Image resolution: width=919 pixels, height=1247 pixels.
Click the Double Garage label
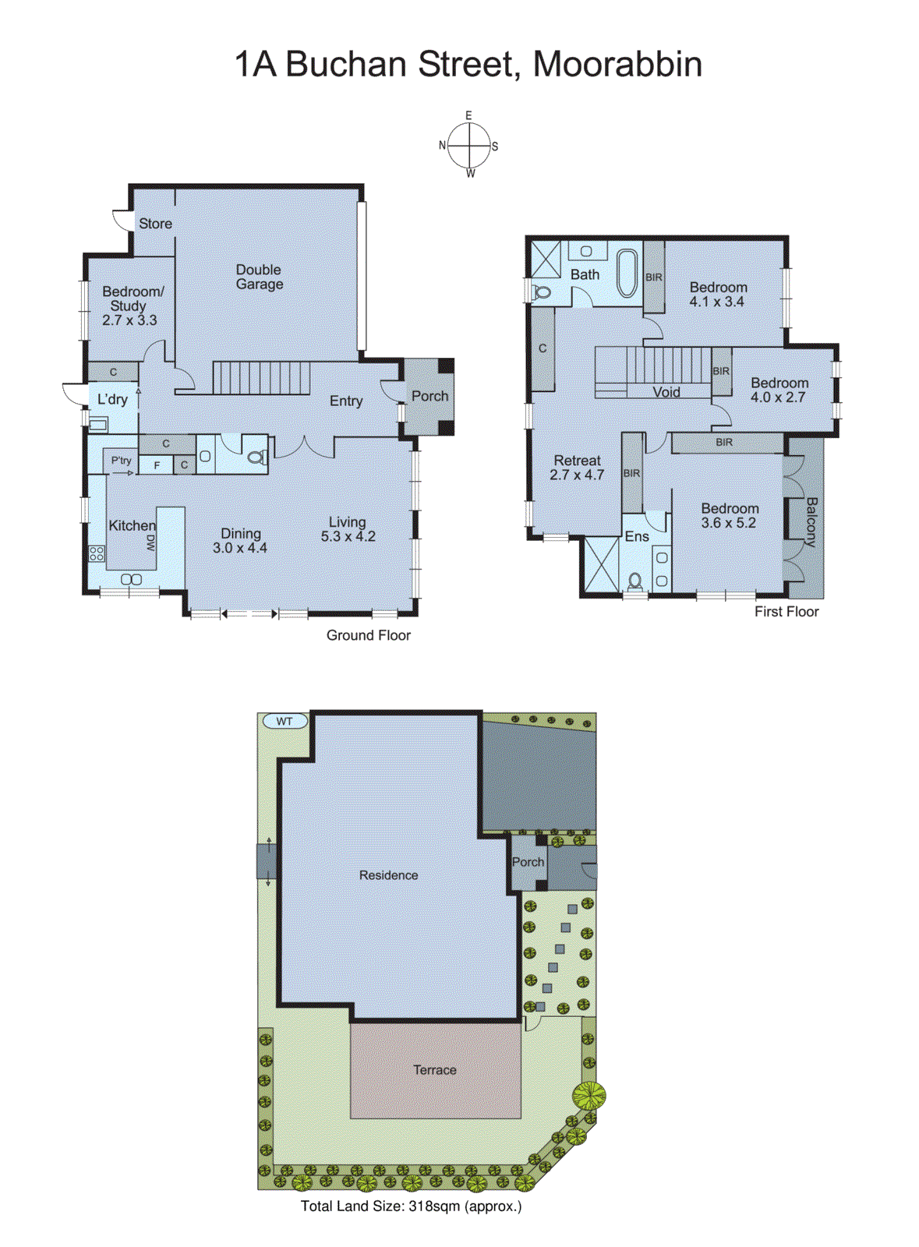tap(259, 277)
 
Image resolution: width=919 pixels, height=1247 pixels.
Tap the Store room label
tap(155, 224)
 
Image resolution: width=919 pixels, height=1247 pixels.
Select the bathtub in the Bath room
tap(627, 273)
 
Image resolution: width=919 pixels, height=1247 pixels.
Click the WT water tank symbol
tap(285, 721)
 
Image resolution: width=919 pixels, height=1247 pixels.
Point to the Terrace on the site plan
tap(435, 1070)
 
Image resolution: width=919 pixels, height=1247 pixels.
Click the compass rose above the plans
tap(469, 145)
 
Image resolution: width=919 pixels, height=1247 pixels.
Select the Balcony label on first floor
tap(811, 521)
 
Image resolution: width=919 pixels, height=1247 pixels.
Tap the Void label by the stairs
tap(666, 392)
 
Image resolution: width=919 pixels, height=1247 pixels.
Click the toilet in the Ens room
tap(635, 581)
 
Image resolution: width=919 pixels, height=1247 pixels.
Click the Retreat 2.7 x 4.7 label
tap(577, 468)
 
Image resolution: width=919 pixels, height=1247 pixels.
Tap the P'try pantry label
tap(121, 461)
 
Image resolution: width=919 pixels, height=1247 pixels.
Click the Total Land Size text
tap(411, 1206)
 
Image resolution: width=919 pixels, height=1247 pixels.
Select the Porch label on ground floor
tap(429, 396)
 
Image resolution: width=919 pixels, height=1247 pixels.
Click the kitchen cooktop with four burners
tap(97, 554)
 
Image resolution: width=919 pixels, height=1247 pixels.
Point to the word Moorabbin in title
tap(617, 64)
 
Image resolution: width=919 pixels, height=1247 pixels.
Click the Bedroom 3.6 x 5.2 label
tap(729, 515)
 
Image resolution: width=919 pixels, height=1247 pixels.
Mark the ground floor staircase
tap(261, 378)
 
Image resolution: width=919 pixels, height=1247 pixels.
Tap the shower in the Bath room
tap(545, 259)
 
